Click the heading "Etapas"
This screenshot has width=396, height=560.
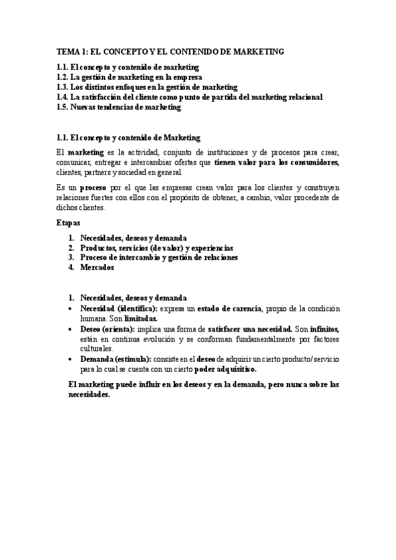[68, 224]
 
